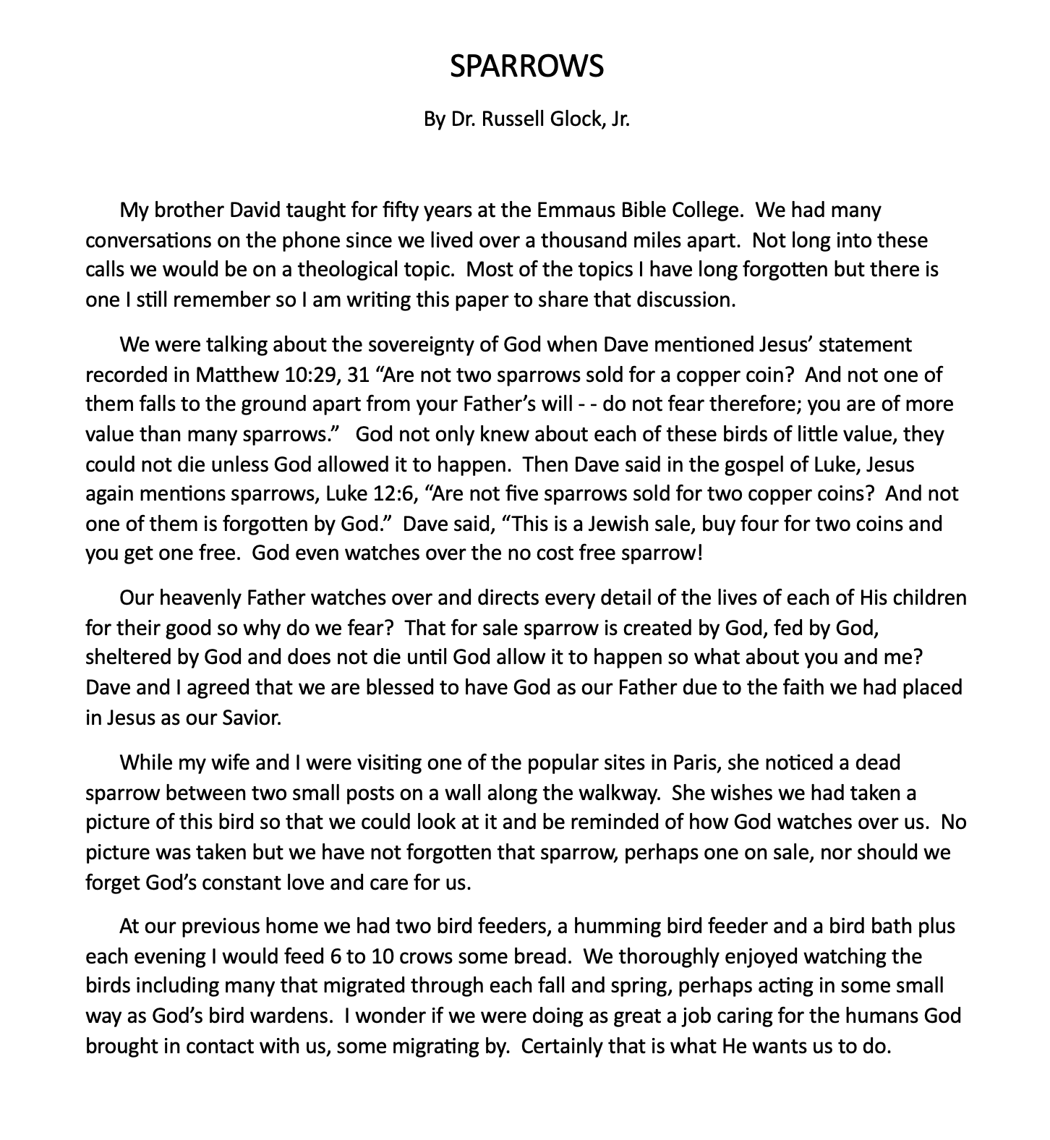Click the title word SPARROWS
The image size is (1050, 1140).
pyautogui.click(x=526, y=67)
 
